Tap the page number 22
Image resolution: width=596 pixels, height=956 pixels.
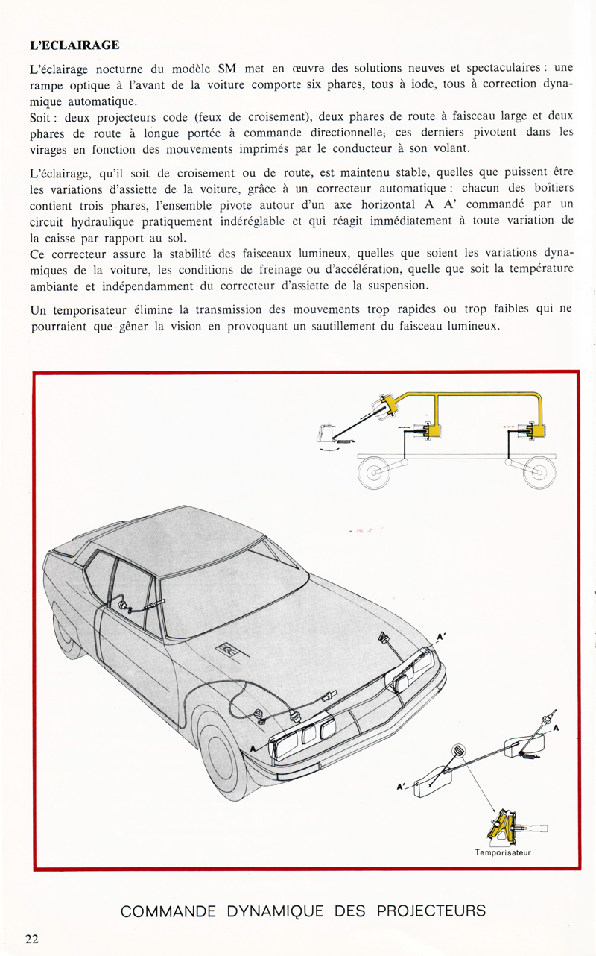(x=31, y=938)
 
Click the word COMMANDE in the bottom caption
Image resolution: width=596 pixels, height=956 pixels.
(x=167, y=911)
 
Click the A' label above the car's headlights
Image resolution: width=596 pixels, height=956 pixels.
(x=440, y=638)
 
